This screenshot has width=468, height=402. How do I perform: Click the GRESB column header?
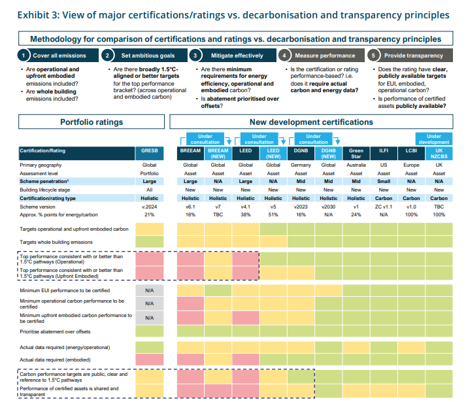pyautogui.click(x=149, y=154)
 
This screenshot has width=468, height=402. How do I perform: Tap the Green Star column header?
pyautogui.click(x=356, y=154)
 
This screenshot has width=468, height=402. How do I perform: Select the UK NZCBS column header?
pyautogui.click(x=439, y=154)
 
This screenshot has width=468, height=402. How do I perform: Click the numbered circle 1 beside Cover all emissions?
pyautogui.click(x=24, y=56)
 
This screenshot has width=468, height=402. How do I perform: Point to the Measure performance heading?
pyautogui.click(x=325, y=56)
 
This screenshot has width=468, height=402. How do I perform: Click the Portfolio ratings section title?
pyautogui.click(x=92, y=122)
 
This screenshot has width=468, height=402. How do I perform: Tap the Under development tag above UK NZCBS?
pyautogui.click(x=433, y=139)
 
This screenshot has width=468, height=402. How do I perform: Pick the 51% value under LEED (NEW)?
pyautogui.click(x=273, y=214)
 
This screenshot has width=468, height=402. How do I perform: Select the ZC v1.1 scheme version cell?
pyautogui.click(x=384, y=207)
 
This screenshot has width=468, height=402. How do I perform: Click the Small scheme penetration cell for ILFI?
pyautogui.click(x=384, y=181)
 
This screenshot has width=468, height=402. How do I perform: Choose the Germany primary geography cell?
pyautogui.click(x=301, y=165)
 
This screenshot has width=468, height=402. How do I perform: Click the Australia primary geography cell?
pyautogui.click(x=356, y=165)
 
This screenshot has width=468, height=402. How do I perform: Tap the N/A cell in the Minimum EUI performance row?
pyautogui.click(x=149, y=290)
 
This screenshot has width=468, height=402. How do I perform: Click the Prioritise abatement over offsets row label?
pyautogui.click(x=55, y=331)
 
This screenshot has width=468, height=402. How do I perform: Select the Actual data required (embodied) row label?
pyautogui.click(x=55, y=360)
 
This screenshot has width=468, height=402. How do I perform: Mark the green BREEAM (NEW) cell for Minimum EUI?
pyautogui.click(x=218, y=290)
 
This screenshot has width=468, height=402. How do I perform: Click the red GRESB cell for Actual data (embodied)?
pyautogui.click(x=149, y=360)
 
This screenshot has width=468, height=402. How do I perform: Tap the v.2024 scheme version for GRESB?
pyautogui.click(x=149, y=207)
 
